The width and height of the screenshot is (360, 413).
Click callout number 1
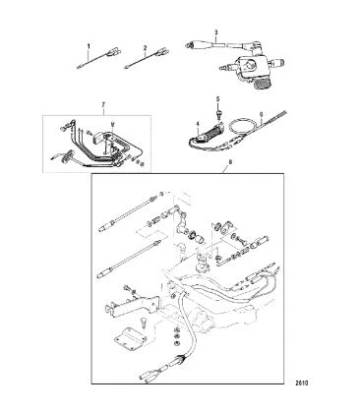coord(89,46)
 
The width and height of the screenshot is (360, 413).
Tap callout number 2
coord(145,47)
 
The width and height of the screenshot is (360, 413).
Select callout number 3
coord(216,32)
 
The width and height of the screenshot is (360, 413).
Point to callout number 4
coord(198,124)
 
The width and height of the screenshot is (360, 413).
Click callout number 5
coord(217,98)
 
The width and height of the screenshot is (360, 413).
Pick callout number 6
coord(261,114)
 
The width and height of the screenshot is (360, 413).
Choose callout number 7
coord(103,104)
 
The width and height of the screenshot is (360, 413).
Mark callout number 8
coord(229,162)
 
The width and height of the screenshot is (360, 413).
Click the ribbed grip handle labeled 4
coord(210,131)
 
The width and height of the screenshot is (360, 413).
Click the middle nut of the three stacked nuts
coord(176,336)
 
